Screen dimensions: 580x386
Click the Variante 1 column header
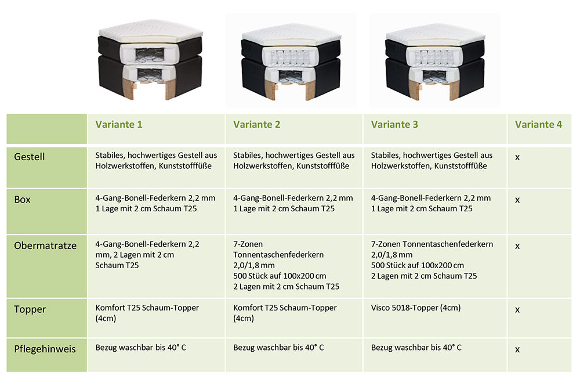[x=119, y=124]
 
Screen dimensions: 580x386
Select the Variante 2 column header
[x=257, y=124]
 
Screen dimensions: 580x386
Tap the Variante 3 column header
[x=394, y=124]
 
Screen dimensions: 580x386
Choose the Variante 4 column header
[x=538, y=124]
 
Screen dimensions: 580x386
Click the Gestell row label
[x=29, y=157]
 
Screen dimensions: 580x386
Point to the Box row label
[x=22, y=200]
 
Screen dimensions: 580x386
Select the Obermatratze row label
[x=45, y=246]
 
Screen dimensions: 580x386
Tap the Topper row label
[x=30, y=309]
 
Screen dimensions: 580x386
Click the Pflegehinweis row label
[x=45, y=349]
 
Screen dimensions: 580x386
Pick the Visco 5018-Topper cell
[x=416, y=308]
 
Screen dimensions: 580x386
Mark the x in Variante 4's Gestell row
[x=517, y=157]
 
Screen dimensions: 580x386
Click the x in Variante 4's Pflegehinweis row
[x=517, y=349]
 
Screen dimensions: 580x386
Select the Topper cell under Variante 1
[x=147, y=313]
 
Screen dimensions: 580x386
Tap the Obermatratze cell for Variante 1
[x=147, y=255]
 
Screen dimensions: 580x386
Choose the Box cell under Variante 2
[x=293, y=203]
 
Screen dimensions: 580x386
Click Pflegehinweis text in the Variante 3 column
[x=416, y=348]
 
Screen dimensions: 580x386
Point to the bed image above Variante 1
[x=151, y=60]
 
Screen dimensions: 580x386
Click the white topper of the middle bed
[x=292, y=35]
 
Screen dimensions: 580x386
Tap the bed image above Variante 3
[x=435, y=62]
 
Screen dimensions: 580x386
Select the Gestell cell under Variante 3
[x=432, y=161]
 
